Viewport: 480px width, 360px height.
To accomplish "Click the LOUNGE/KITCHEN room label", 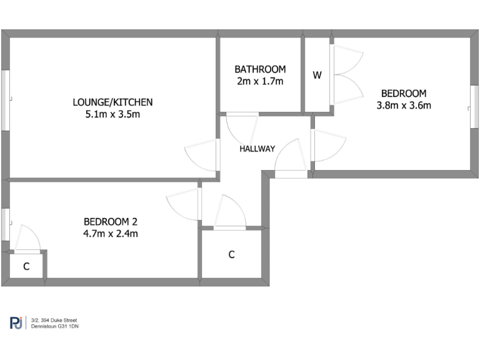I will pos(112,102).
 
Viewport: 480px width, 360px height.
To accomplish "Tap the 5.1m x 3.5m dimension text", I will pos(112,114).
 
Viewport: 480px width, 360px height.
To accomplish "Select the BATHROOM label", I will pos(260,69).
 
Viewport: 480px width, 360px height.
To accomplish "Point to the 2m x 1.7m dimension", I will pos(260,81).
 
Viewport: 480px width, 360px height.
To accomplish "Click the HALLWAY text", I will pos(257,149).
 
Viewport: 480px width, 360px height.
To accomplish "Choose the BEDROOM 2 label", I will pos(111,221).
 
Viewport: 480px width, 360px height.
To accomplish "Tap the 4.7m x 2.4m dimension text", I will pos(111,234).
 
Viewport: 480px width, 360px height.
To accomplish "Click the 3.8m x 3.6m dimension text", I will pos(404,105).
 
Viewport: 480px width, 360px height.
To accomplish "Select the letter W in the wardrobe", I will pos(317,76).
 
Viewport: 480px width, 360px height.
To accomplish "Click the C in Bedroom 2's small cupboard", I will pos(26,266).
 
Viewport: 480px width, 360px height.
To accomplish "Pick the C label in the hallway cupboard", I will pos(231,254).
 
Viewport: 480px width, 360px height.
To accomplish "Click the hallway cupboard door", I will pos(230,212).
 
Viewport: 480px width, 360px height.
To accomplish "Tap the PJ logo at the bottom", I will pos(16,323).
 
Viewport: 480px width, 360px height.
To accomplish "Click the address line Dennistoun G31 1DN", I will pos(56,326).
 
